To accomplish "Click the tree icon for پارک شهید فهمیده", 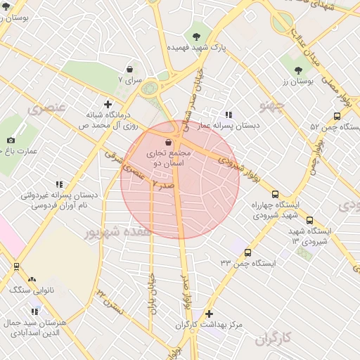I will [x=195, y=37].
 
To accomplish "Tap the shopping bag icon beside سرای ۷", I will [x=130, y=69].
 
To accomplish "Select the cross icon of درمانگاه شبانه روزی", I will [x=107, y=103].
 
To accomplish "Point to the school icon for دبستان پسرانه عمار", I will [x=229, y=114].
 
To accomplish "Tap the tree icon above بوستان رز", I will [x=298, y=70].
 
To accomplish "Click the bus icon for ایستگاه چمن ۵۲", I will [x=337, y=116].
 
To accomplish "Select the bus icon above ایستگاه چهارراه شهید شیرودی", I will [x=275, y=194].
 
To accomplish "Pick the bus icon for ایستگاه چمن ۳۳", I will [x=247, y=252].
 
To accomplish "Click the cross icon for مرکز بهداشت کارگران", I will [x=208, y=314].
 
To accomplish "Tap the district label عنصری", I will [x=46, y=109].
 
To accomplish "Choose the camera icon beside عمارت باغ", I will [x=11, y=141].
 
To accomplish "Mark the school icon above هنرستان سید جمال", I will [x=34, y=311].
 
